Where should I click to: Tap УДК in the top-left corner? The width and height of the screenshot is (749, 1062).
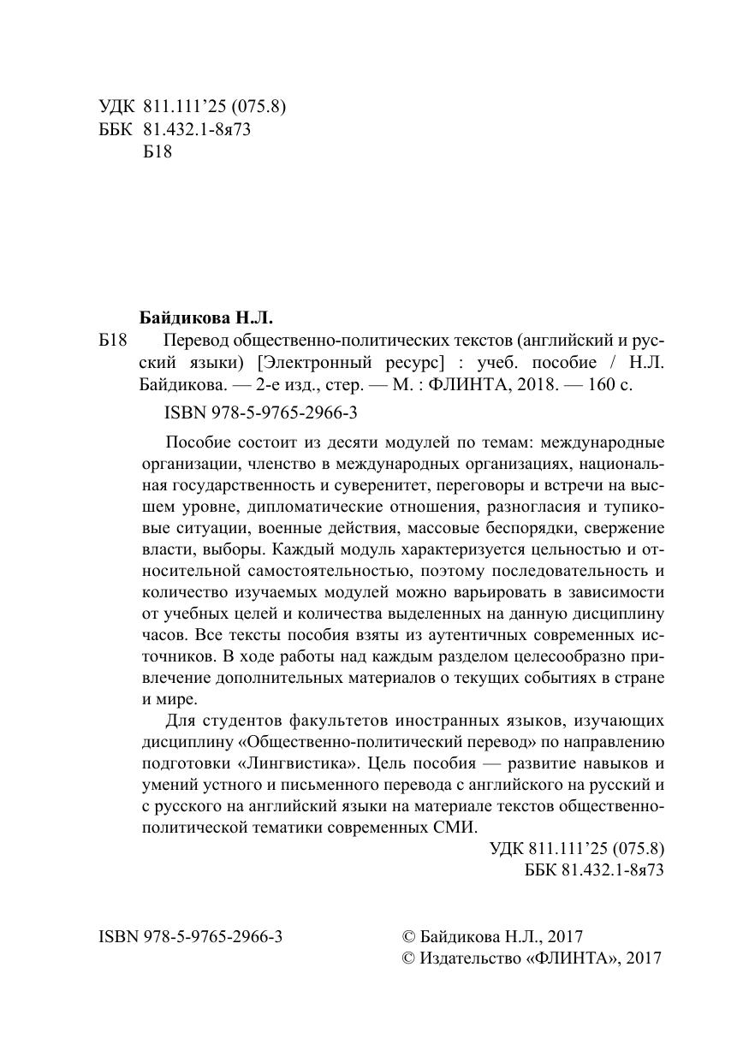coord(116,107)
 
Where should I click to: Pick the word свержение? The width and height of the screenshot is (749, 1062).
coord(630,529)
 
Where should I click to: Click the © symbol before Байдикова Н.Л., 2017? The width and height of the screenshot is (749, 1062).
coord(407,937)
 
